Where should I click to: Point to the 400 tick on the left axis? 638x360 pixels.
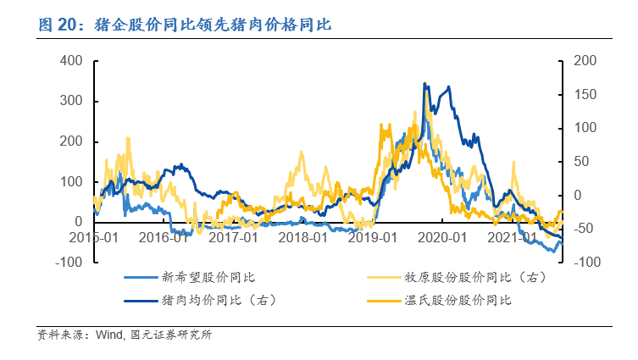pyautogui.click(x=70, y=61)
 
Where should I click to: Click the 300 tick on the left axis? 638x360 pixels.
pyautogui.click(x=70, y=102)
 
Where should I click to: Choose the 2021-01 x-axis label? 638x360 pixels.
pyautogui.click(x=516, y=238)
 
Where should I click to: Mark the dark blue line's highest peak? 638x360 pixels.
pyautogui.click(x=425, y=83)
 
